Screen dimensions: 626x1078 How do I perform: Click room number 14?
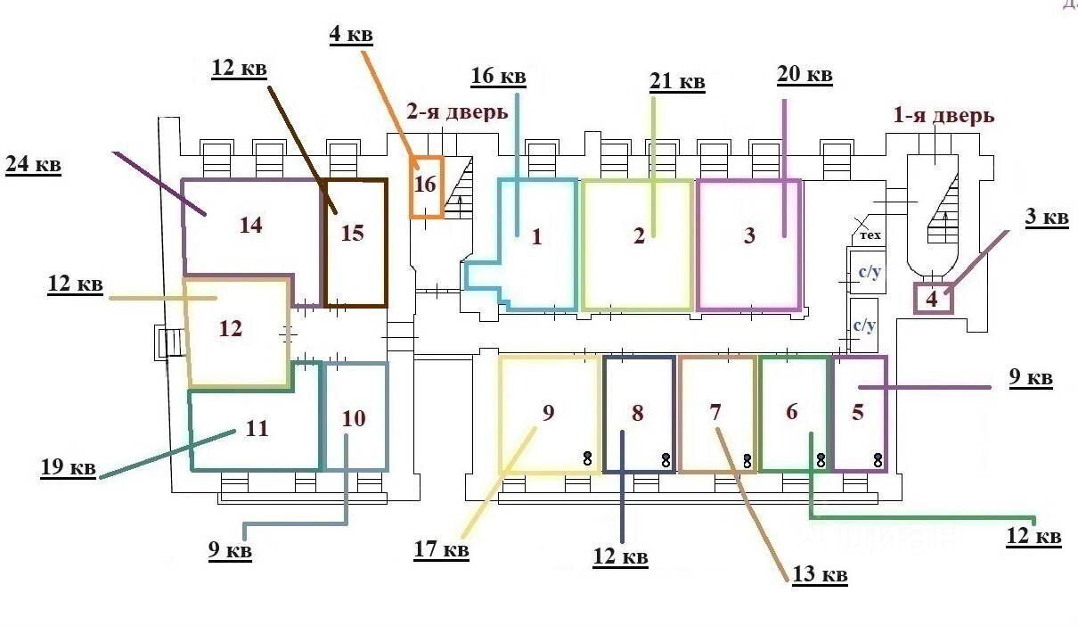(250, 225)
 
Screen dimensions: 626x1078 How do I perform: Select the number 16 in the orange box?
(426, 185)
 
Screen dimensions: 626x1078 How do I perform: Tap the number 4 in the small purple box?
(932, 299)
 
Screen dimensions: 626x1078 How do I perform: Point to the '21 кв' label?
(677, 82)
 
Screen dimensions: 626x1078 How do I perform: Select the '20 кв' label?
(804, 75)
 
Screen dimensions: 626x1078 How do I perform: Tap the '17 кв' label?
(441, 550)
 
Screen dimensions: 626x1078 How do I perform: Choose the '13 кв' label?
(820, 575)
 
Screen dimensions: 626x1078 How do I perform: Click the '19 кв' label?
(68, 466)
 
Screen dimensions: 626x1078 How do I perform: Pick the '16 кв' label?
(498, 77)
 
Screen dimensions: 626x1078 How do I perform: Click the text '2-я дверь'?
(457, 112)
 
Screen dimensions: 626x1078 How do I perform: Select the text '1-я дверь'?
(943, 116)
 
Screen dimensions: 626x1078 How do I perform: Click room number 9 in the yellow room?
(549, 412)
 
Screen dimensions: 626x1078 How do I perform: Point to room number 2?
(639, 236)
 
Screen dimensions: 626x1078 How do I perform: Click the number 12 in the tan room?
(231, 329)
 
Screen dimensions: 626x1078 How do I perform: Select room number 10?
(354, 418)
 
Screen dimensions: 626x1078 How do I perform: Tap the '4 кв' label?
(350, 36)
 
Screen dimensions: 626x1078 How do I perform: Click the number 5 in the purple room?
(858, 412)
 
